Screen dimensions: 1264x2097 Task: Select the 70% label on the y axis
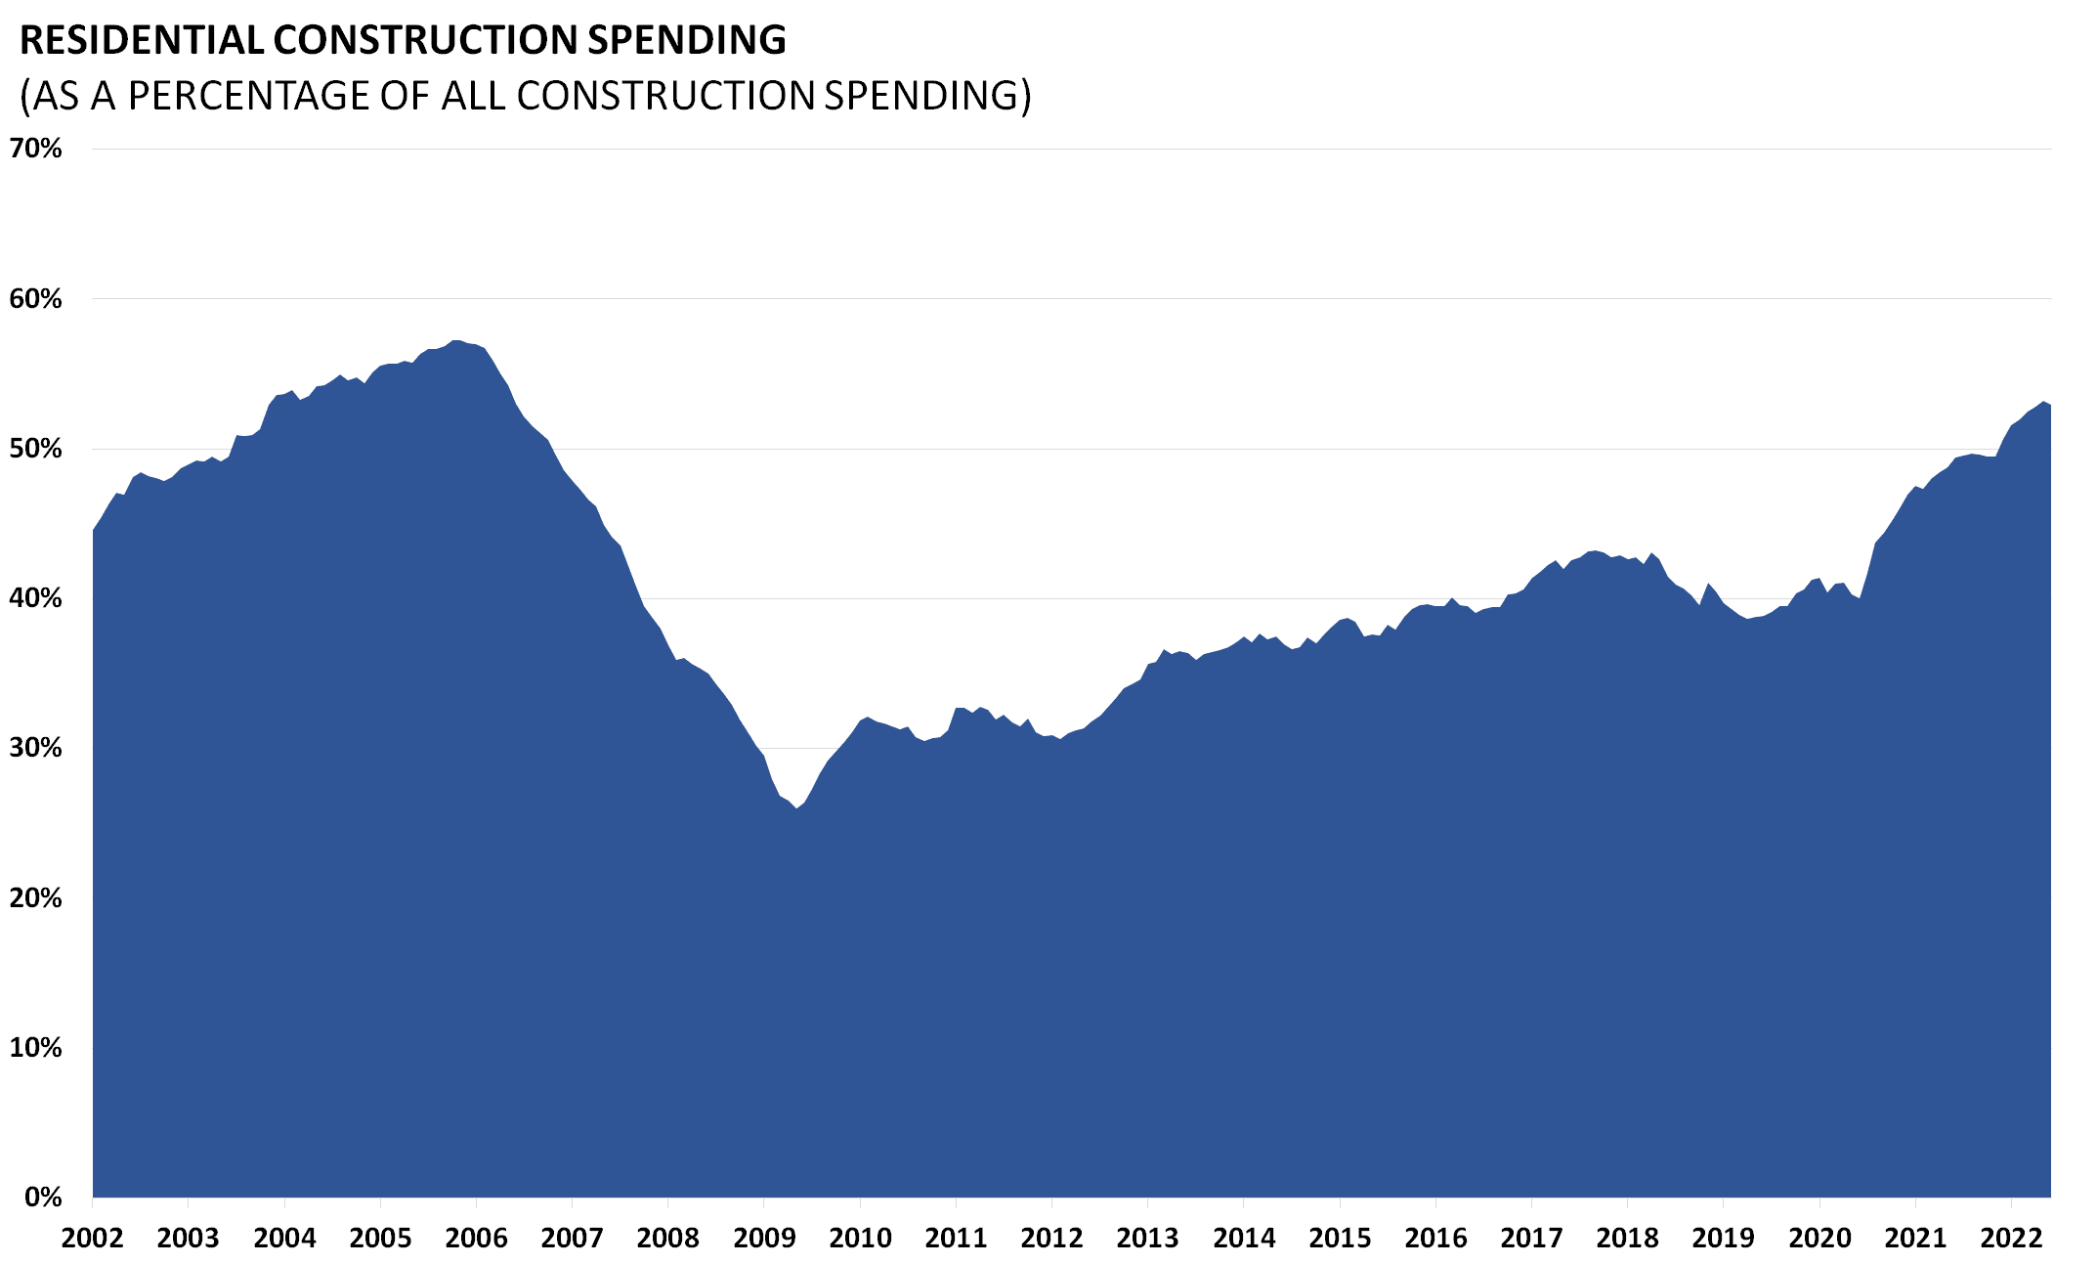tap(36, 149)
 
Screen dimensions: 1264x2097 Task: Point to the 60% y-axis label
tap(36, 299)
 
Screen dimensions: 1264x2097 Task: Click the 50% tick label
tap(36, 449)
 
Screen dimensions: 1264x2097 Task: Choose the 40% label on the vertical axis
tap(36, 598)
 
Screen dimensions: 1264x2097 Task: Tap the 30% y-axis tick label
tap(36, 748)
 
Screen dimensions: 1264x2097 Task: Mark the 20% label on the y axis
tap(36, 897)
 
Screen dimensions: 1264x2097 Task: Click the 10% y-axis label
tap(36, 1047)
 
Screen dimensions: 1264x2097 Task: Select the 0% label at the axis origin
tap(42, 1197)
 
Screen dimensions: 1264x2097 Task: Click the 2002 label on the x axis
tap(92, 1239)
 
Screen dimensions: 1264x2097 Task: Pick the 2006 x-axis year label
tap(476, 1239)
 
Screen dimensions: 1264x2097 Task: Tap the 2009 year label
tap(764, 1239)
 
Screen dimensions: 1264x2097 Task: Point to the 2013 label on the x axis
tap(1148, 1239)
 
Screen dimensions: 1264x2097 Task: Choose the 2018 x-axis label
tap(1628, 1239)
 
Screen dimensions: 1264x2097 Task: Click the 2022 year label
tap(2011, 1239)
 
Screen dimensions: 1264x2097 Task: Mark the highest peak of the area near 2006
tap(456, 341)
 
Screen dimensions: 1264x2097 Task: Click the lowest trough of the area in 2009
tap(796, 808)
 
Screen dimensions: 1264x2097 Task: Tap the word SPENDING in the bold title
tap(686, 40)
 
